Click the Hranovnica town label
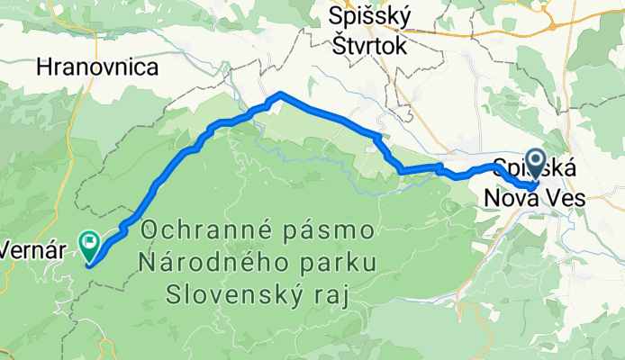pyautogui.click(x=97, y=67)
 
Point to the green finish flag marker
pyautogui.click(x=90, y=241)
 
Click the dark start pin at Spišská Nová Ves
pyautogui.click(x=536, y=163)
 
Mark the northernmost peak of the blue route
pyautogui.click(x=281, y=94)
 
